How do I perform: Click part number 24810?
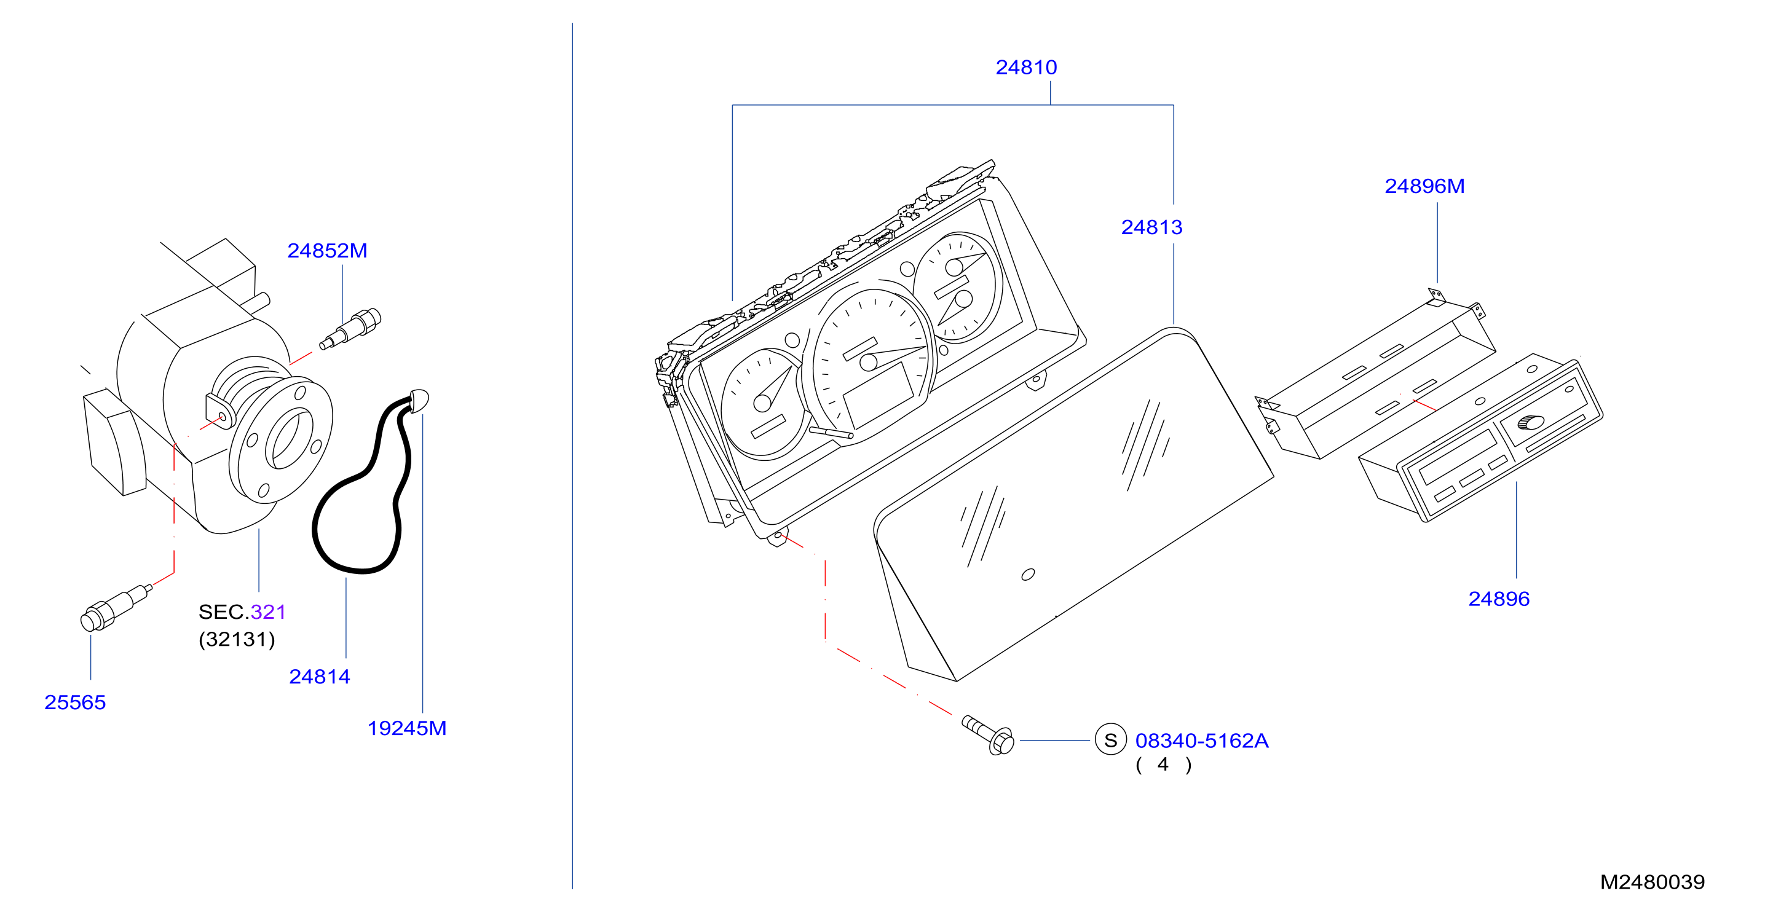coord(1026,68)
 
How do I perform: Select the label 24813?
coord(1151,227)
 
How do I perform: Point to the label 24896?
coord(1499,599)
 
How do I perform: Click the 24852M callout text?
coord(327,250)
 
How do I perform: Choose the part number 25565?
coord(75,702)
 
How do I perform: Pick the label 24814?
coord(319,677)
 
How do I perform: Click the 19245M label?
coord(407,728)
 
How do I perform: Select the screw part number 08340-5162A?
coord(1202,741)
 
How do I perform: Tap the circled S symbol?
coord(1110,740)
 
